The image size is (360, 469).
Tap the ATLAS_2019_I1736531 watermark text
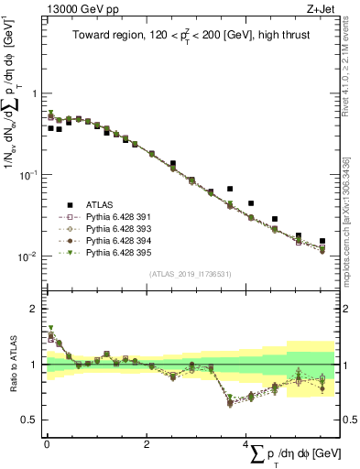click(191, 274)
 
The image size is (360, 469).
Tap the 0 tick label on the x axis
click(47, 443)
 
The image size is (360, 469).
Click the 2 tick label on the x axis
click(147, 443)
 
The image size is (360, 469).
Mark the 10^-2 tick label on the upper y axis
click(26, 256)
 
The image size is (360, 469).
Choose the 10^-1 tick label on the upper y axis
click(26, 175)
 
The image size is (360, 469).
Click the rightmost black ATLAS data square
click(322, 241)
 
